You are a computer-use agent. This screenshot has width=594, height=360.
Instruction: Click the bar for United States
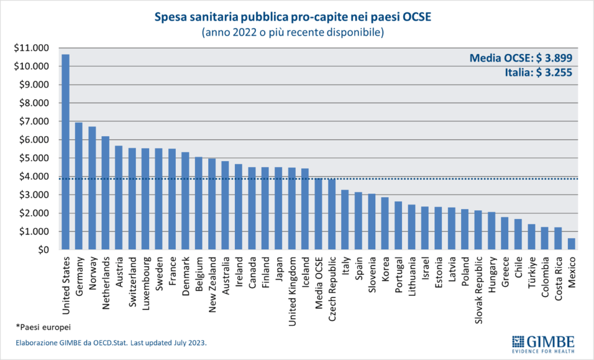[66, 152]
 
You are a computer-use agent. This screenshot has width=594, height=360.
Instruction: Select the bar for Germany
[79, 186]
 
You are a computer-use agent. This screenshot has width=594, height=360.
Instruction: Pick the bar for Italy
[345, 220]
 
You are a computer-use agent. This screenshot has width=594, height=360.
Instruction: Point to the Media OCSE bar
[318, 214]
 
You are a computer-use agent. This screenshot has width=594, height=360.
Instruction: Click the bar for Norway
[92, 188]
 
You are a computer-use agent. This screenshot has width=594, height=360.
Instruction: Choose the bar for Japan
[278, 208]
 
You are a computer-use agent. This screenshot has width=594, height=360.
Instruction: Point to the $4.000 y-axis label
[35, 176]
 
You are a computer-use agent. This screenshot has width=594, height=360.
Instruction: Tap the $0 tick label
[44, 250]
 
